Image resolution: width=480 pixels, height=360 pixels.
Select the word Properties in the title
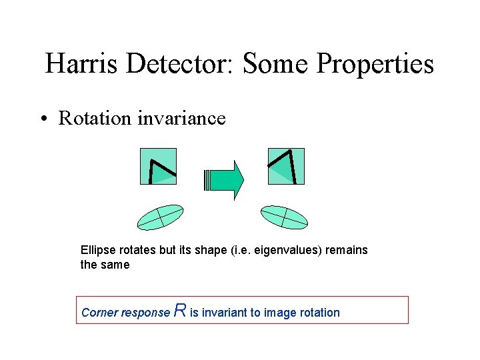(375, 64)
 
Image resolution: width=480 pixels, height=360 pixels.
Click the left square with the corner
(158, 166)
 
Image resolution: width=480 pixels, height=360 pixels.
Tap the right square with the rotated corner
(285, 166)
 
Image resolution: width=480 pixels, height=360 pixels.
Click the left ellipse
(160, 217)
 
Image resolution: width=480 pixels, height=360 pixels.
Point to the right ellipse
(284, 217)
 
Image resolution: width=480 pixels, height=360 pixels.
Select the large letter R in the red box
(179, 310)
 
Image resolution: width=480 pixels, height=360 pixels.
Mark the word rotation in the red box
(319, 313)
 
